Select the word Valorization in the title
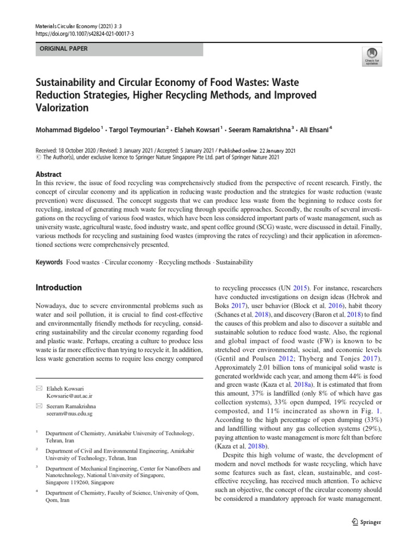point(62,108)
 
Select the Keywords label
point(49,262)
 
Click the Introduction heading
point(58,287)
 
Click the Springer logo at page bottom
point(367,522)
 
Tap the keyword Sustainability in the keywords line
point(235,262)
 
